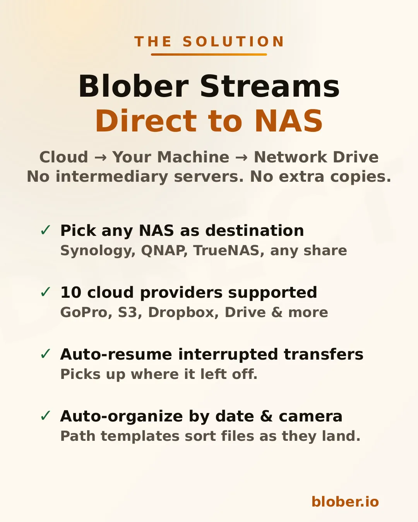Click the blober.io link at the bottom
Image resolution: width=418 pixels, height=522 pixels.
345,502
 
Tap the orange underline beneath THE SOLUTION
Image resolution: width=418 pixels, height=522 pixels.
209,55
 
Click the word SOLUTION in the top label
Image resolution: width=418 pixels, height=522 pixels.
233,42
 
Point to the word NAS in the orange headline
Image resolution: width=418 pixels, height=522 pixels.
288,121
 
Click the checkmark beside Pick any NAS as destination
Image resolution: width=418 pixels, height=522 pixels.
46,230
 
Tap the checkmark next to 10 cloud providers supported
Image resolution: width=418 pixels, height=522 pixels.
46,292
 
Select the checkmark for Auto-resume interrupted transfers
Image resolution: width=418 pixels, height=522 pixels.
46,354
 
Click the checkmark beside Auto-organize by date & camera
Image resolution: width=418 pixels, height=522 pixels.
46,416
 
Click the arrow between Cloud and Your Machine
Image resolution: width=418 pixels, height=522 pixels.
100,157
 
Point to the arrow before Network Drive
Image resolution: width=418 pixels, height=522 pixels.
242,157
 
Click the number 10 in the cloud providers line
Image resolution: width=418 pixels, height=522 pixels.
71,292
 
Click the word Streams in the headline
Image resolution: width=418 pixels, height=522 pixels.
270,86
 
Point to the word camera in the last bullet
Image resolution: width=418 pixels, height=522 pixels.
310,416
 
